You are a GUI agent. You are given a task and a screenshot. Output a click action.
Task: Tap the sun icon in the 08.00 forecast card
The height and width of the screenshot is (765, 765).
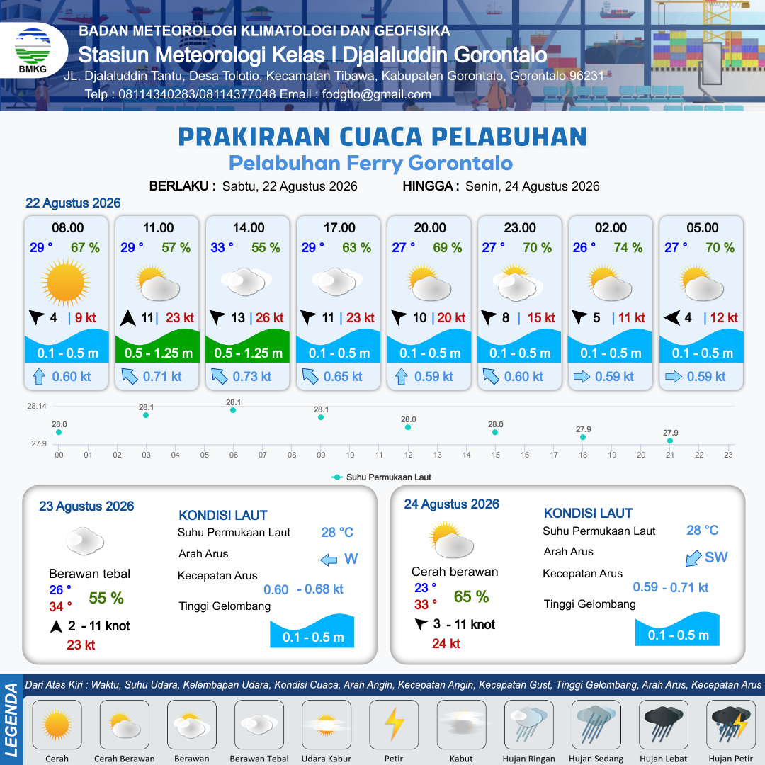tap(66, 283)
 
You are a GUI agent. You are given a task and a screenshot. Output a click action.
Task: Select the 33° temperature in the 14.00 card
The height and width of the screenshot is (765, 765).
tap(222, 248)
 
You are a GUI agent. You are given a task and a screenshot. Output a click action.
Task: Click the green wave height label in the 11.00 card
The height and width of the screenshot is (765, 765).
tap(158, 353)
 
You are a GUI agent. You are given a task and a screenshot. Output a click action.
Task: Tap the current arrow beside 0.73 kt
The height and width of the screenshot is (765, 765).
tap(220, 376)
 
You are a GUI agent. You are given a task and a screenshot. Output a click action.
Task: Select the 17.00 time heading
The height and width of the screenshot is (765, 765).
tap(339, 228)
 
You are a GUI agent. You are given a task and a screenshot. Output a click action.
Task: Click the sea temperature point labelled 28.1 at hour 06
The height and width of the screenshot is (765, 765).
tap(233, 410)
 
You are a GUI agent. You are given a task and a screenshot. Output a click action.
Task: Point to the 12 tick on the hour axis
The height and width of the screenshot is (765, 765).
tap(409, 455)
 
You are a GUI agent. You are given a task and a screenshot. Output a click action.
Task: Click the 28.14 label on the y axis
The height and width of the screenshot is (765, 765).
tap(37, 406)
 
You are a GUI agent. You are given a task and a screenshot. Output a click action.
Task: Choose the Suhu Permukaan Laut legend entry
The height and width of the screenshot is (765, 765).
tap(382, 477)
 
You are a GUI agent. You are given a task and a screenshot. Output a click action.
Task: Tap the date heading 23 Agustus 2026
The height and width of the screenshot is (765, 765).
tap(86, 506)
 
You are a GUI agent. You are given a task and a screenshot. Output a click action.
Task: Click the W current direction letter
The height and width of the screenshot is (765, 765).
tap(351, 559)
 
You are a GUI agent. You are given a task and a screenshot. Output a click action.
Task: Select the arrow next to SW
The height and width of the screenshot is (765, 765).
tap(693, 558)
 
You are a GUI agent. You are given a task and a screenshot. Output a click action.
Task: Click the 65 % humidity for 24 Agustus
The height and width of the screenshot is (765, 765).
tap(471, 596)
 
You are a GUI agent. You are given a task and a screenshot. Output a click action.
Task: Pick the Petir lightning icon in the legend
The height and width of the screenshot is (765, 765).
tap(395, 724)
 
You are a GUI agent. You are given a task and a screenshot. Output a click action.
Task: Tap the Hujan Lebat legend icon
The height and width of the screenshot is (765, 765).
tap(664, 725)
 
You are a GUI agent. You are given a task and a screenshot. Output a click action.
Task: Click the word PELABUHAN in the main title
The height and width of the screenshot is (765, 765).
tap(509, 137)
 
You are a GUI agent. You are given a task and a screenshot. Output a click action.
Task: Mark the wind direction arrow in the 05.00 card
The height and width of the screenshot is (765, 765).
tap(671, 318)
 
